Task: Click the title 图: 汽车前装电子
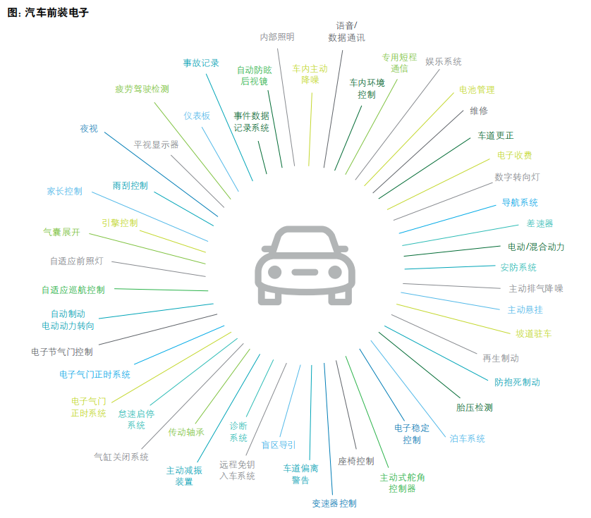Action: click(x=48, y=13)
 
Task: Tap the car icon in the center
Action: click(x=305, y=265)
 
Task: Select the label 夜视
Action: click(x=89, y=128)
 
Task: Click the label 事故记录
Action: click(x=201, y=63)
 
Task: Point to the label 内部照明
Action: click(x=277, y=37)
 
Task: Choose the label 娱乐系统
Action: click(x=444, y=62)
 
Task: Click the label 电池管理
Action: click(x=477, y=90)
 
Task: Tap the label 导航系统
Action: click(x=520, y=202)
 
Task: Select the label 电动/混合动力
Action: click(x=536, y=247)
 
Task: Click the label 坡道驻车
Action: click(x=534, y=333)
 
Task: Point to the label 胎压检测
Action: click(x=474, y=407)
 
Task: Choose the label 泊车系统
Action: click(x=468, y=438)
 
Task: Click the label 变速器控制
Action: click(x=334, y=503)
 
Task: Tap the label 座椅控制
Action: click(x=356, y=461)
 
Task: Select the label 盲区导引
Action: click(x=279, y=445)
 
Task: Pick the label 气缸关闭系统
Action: click(x=121, y=457)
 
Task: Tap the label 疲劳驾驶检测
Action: click(x=142, y=90)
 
